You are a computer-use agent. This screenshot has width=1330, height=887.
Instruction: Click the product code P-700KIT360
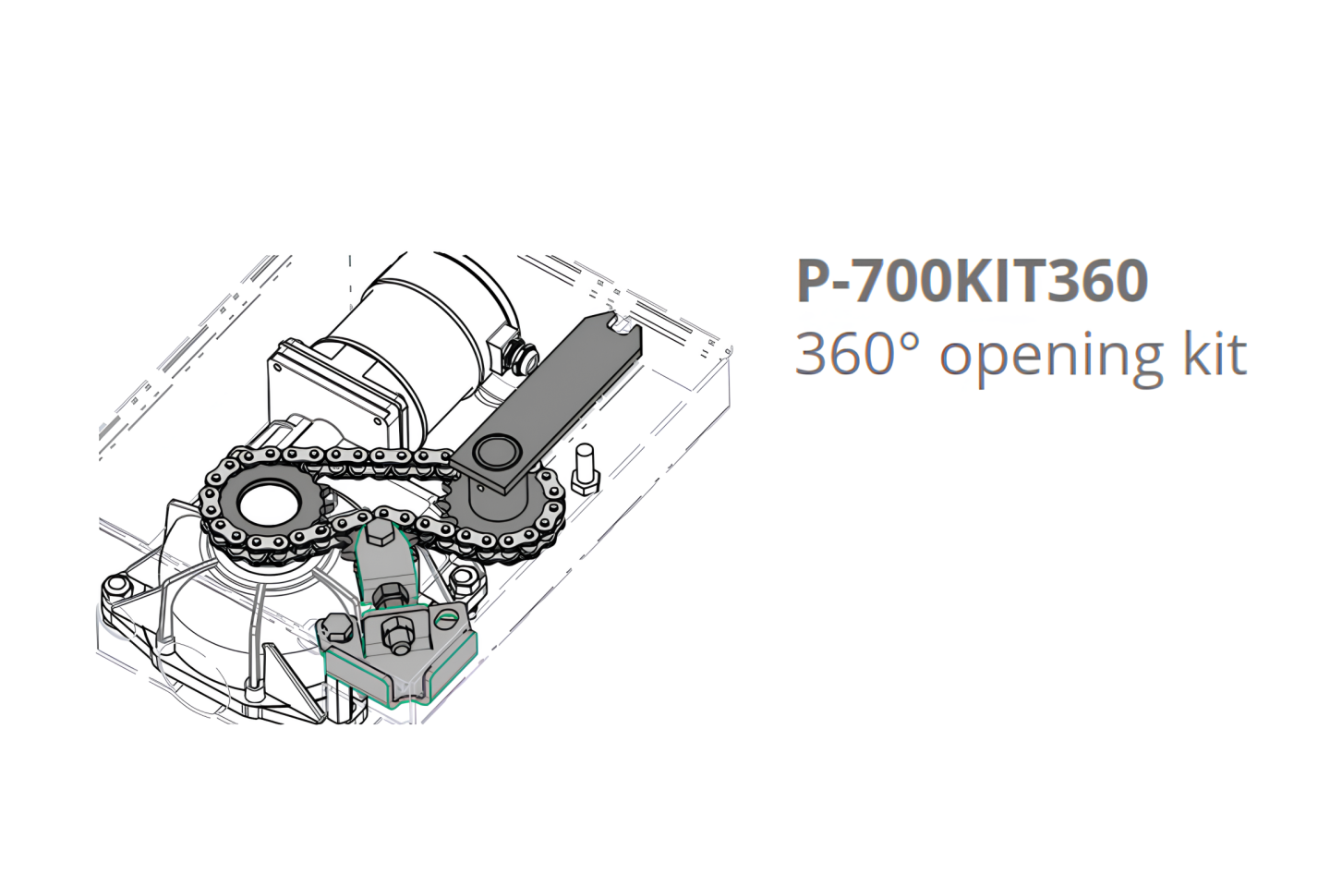click(x=972, y=281)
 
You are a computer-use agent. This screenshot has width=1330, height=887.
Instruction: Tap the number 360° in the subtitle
click(x=859, y=354)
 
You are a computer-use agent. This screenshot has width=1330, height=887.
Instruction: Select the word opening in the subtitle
click(x=1051, y=359)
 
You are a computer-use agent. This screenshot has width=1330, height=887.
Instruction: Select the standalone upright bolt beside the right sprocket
click(x=585, y=468)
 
